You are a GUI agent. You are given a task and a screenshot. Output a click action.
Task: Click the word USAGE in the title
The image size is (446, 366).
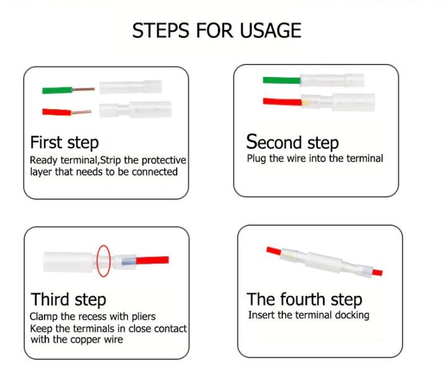(271, 30)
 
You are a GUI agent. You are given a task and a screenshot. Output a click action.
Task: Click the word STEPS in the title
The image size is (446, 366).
(160, 30)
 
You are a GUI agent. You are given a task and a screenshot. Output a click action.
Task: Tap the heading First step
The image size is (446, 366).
(64, 143)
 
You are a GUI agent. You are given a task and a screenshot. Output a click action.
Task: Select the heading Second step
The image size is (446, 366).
(292, 142)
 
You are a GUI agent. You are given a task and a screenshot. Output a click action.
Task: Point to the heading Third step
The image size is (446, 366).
(69, 300)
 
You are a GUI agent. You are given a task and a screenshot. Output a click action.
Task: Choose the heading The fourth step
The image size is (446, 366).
(304, 300)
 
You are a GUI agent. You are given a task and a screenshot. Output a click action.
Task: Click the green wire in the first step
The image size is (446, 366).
(58, 91)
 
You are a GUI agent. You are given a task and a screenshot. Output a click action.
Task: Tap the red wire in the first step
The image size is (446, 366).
(56, 112)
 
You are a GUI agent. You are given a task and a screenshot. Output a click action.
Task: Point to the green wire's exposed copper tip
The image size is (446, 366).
(84, 89)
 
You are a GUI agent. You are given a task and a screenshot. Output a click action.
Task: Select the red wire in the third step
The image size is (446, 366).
(152, 260)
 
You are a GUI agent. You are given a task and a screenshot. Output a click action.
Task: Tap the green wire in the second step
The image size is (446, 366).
(282, 80)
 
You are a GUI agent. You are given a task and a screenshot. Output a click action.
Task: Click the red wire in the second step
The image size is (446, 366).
(282, 102)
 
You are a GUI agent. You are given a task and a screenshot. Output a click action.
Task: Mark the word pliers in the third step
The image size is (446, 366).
(144, 317)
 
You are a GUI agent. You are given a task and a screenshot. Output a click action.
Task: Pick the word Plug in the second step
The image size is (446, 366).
(256, 159)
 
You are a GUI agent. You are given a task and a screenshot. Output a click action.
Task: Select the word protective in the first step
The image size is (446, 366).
(164, 160)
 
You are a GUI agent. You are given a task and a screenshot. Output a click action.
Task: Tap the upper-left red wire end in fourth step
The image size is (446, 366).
(274, 251)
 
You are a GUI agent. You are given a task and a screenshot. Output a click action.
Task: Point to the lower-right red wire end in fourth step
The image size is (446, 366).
(377, 272)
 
